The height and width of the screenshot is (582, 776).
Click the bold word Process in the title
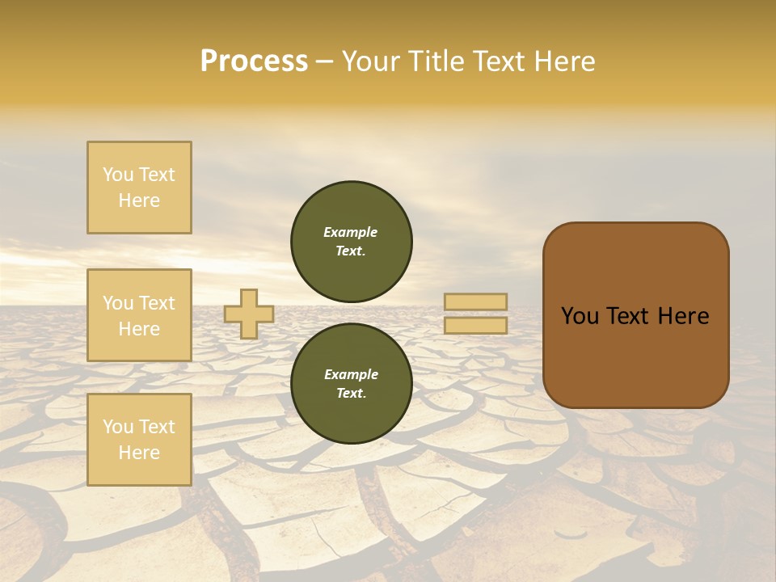click(x=254, y=61)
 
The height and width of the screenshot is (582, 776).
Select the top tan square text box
click(x=139, y=188)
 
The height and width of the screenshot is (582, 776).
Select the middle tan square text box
click(x=139, y=315)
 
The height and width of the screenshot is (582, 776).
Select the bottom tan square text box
click(x=139, y=440)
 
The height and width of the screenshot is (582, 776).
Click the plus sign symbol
click(x=248, y=314)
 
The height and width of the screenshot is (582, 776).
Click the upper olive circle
click(x=351, y=242)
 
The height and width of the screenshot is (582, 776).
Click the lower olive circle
click(x=351, y=384)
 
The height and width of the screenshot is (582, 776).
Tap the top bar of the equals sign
click(x=475, y=302)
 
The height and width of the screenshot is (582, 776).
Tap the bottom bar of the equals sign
click(x=475, y=326)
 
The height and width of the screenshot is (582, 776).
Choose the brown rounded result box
click(x=635, y=315)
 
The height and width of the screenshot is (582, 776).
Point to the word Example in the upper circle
click(x=351, y=232)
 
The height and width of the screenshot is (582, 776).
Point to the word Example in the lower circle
click(x=351, y=374)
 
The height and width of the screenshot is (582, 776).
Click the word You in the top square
click(x=118, y=175)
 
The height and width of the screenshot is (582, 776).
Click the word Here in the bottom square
click(x=139, y=453)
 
